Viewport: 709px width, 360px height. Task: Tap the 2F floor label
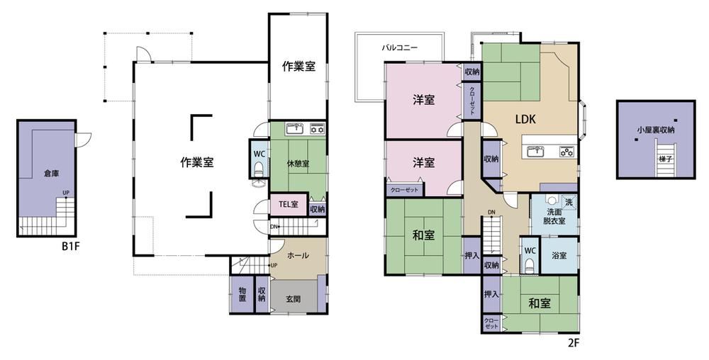pyautogui.click(x=574, y=343)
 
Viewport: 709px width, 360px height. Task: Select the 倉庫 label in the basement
pyautogui.click(x=52, y=173)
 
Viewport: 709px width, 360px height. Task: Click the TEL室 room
pyautogui.click(x=289, y=204)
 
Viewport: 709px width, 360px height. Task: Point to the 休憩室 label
pyautogui.click(x=298, y=164)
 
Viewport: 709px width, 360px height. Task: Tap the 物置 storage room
pyautogui.click(x=242, y=294)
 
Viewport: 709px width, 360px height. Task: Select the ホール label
pyautogui.click(x=298, y=256)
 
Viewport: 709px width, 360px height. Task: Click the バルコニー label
pyautogui.click(x=399, y=47)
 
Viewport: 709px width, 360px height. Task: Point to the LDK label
pyautogui.click(x=525, y=119)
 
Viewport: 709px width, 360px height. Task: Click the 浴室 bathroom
pyautogui.click(x=559, y=256)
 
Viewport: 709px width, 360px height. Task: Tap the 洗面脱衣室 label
pyautogui.click(x=555, y=216)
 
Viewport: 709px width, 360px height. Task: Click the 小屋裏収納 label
pyautogui.click(x=656, y=130)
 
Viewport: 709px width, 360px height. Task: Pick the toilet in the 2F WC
pyautogui.click(x=530, y=266)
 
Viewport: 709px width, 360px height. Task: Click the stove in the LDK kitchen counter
pyautogui.click(x=567, y=152)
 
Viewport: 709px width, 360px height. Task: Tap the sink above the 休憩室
pyautogui.click(x=296, y=128)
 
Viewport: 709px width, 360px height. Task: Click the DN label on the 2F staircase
pyautogui.click(x=491, y=213)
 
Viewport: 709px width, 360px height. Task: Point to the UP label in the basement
pyautogui.click(x=66, y=193)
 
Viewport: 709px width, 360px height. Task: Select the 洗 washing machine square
pyautogui.click(x=569, y=202)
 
